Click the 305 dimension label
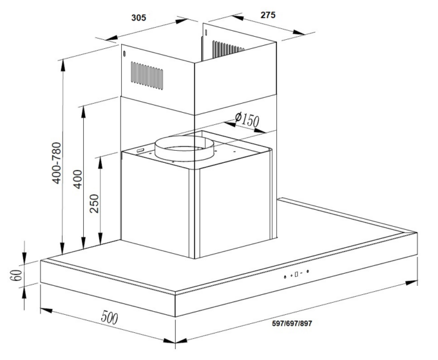point(138,17)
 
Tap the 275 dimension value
point(268,15)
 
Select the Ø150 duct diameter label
point(247,119)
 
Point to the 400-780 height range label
point(57,163)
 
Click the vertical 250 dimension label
point(95,204)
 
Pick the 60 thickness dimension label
point(17,276)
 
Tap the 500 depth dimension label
point(110,317)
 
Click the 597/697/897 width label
point(292,323)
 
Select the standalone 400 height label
point(78,179)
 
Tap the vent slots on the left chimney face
point(147,76)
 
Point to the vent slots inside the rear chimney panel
point(228,49)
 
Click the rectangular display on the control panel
point(296,274)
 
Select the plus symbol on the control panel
point(291,276)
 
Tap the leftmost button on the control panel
point(285,277)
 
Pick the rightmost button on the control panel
point(307,271)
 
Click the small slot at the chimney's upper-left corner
point(124,53)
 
